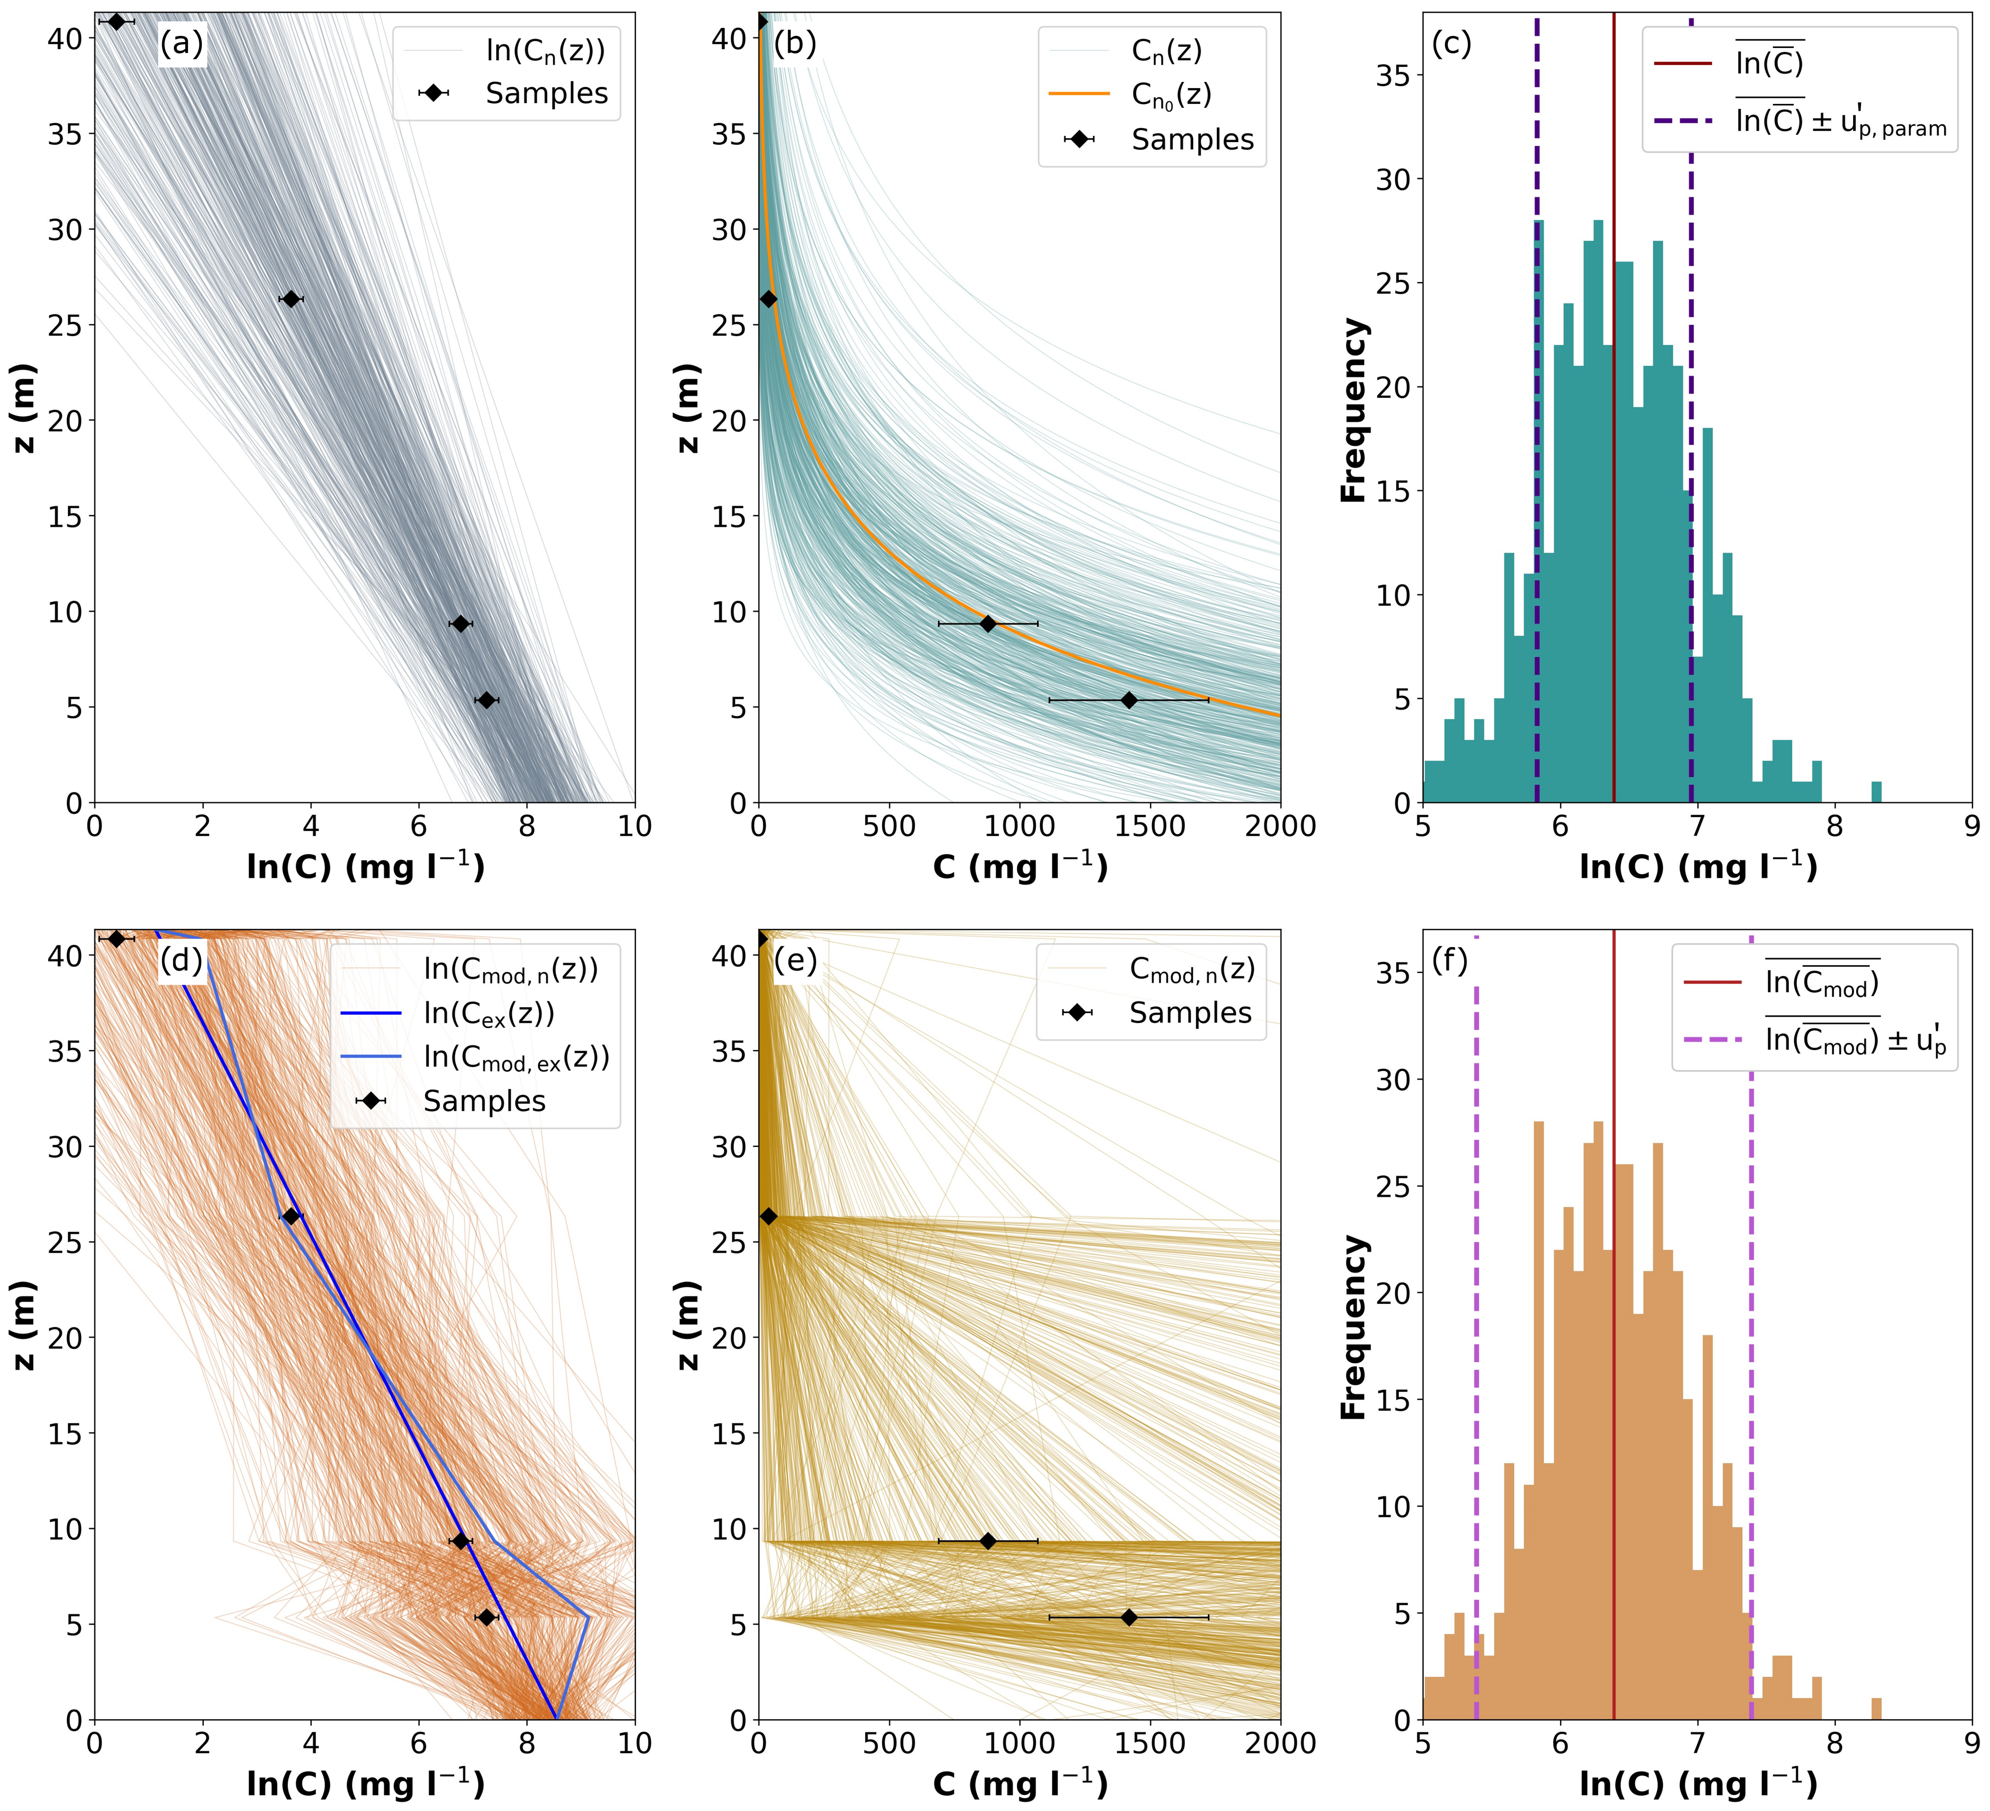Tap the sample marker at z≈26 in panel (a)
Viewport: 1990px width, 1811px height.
click(290, 299)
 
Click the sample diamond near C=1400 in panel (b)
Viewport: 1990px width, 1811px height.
click(1128, 700)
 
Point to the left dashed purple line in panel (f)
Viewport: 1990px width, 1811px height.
click(1476, 1383)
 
